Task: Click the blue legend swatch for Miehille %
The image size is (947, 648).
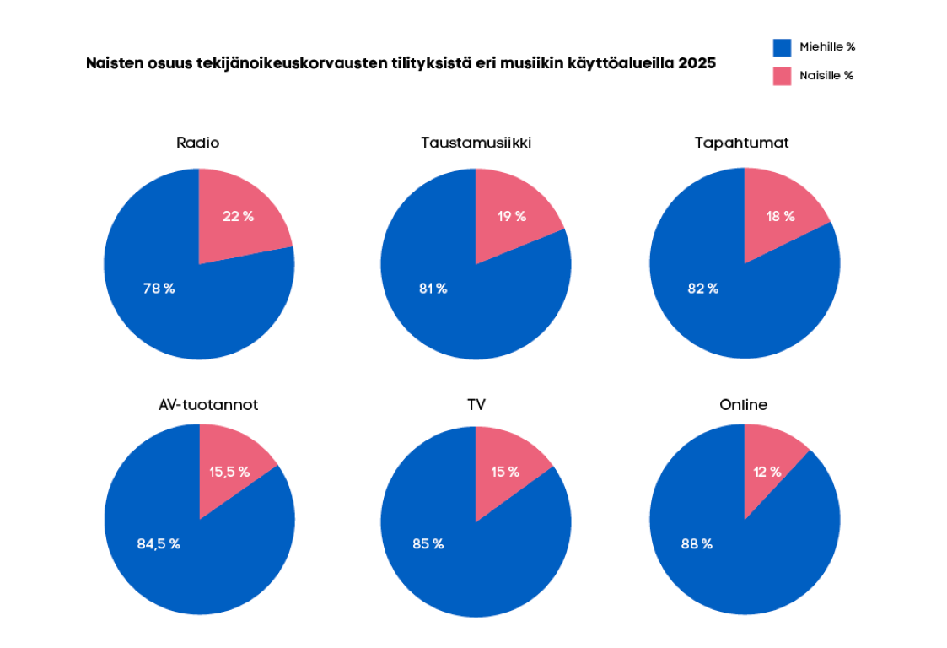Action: tap(782, 47)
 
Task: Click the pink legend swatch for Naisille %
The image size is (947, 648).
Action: tap(782, 76)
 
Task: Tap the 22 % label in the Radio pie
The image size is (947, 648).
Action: tap(238, 216)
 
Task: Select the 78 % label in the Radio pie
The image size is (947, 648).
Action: tap(159, 289)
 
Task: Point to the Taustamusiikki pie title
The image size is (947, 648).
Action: tap(476, 143)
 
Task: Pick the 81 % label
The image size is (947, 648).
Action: tap(433, 289)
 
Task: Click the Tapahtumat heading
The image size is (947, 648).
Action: tap(741, 143)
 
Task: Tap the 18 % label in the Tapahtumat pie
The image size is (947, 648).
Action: tap(780, 216)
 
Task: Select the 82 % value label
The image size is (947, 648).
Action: tap(702, 289)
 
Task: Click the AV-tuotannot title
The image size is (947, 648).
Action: tap(208, 405)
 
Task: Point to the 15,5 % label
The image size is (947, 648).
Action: tap(229, 472)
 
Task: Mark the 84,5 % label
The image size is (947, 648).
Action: tap(159, 543)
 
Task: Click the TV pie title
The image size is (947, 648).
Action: tap(476, 405)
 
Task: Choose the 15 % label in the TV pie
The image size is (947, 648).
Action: tap(505, 472)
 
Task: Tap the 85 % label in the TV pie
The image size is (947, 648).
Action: tap(428, 543)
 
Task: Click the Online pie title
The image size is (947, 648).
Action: tap(743, 405)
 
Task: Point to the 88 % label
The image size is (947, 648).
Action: tap(697, 543)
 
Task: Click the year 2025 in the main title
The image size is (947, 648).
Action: tap(697, 63)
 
